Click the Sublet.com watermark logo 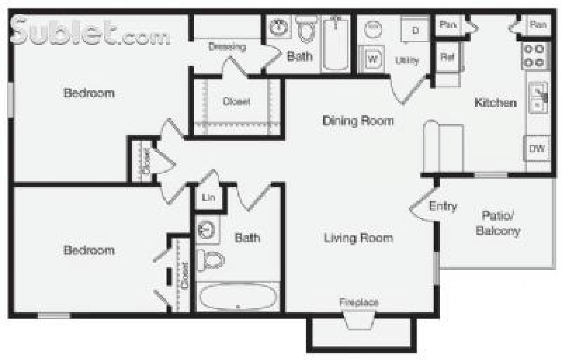[x=89, y=32]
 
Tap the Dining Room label [x=358, y=121]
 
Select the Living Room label [x=358, y=238]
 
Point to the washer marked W [x=372, y=59]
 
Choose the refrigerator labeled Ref [x=447, y=57]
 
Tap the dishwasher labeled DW [x=537, y=149]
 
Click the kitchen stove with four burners [x=534, y=55]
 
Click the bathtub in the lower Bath [x=238, y=297]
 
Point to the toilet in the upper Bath [x=307, y=29]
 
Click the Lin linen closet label [x=209, y=198]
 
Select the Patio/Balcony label [x=497, y=223]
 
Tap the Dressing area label [x=227, y=47]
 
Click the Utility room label [x=407, y=60]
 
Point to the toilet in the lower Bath [x=210, y=260]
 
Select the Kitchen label [x=495, y=103]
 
